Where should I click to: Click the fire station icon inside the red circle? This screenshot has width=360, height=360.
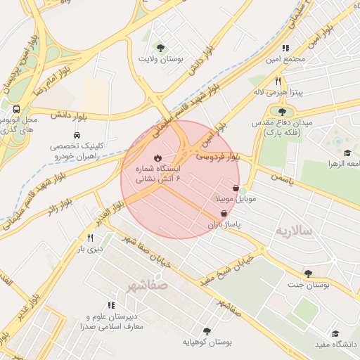(x=157, y=157)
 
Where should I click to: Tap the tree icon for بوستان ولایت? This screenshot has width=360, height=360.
(x=161, y=49)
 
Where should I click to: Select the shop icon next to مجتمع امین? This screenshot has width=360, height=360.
(x=285, y=49)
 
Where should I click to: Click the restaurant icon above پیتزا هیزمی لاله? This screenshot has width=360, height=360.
(x=278, y=81)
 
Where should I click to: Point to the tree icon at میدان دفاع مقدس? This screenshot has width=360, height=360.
(x=282, y=111)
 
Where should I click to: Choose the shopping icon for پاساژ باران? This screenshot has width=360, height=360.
(x=224, y=213)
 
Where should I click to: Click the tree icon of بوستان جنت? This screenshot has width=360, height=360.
(x=308, y=274)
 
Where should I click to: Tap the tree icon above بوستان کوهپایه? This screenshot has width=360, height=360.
(x=206, y=330)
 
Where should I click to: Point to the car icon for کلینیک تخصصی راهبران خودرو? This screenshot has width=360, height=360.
(x=75, y=134)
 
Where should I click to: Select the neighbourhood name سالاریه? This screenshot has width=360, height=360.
(x=292, y=231)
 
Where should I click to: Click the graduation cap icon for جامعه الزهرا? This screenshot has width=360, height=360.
(x=347, y=153)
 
